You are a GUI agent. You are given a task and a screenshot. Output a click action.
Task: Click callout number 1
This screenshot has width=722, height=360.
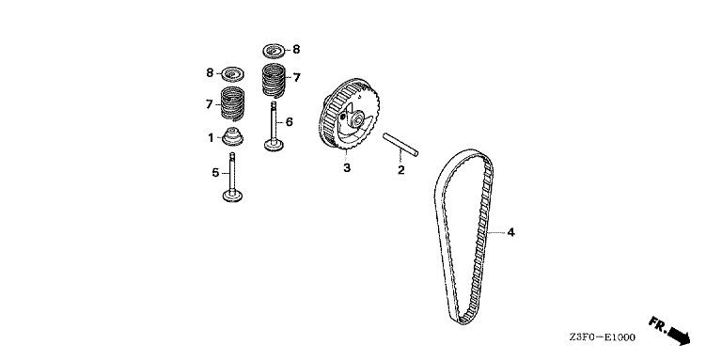(x=212, y=138)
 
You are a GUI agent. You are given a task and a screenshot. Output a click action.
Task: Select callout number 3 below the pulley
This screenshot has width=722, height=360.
(x=346, y=168)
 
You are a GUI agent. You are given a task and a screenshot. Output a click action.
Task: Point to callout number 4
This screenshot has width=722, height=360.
(x=511, y=231)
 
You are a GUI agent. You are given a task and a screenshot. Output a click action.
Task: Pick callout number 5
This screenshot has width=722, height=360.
(x=214, y=173)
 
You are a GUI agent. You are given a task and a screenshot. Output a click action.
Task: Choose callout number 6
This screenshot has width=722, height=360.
(x=290, y=121)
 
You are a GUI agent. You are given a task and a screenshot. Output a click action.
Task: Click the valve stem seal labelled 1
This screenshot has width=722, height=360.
(x=231, y=137)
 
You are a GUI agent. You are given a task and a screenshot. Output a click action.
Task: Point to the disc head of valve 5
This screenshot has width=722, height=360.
(x=231, y=196)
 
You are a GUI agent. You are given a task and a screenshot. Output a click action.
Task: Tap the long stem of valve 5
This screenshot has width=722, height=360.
(x=231, y=169)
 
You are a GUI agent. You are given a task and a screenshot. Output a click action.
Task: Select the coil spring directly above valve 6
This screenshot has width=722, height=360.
(x=274, y=79)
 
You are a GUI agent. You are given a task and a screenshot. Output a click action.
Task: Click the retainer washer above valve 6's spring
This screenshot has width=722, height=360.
(x=274, y=49)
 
